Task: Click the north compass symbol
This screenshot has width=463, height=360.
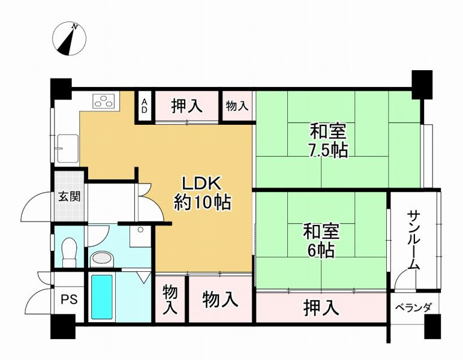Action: pos(70,38)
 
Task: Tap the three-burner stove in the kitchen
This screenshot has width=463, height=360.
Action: pos(103,100)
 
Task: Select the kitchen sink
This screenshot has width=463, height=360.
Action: pos(68,149)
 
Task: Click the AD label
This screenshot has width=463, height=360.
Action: pos(145,106)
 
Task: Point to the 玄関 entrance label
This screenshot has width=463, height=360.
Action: pos(70,196)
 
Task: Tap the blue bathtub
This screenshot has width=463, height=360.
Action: pos(102,297)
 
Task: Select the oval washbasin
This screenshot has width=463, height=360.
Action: pos(102,259)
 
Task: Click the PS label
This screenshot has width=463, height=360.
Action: pos(70,299)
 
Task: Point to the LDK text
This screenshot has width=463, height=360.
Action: pos(202,184)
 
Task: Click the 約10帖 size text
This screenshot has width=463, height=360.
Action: pos(203,203)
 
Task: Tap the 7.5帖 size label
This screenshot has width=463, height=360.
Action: pos(328,151)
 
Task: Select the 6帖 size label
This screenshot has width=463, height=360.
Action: pos(321,251)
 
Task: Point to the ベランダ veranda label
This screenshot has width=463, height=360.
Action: pos(413,308)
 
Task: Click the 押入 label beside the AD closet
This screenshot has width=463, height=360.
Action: pos(187,106)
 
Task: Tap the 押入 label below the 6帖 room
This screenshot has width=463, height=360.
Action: pos(321,307)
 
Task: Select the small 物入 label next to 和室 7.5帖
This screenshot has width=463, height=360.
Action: pos(237,106)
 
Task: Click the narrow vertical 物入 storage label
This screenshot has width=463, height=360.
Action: pos(170,299)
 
